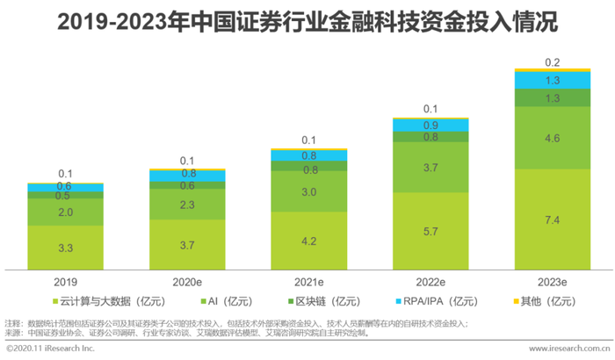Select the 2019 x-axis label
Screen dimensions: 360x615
coord(65,282)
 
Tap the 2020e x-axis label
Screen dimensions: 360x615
coord(187,282)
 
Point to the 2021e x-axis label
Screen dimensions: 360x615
coord(308,282)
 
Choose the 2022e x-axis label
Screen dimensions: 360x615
coord(430,282)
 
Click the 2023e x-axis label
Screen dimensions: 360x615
coord(552,282)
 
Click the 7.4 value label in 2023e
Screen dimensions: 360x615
coord(553,219)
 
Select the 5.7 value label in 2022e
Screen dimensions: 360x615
coord(430,231)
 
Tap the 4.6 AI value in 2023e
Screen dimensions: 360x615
coord(553,138)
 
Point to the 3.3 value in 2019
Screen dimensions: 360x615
coord(66,248)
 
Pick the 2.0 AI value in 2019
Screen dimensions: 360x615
coord(66,212)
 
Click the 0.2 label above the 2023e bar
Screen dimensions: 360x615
coord(553,63)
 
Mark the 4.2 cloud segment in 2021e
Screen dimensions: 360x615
coord(309,241)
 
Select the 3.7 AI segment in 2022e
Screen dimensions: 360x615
coord(430,167)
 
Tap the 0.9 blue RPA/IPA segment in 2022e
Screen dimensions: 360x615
coord(430,126)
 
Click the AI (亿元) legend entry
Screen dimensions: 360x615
coord(238,302)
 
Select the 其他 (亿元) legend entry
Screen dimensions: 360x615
coord(541,302)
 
